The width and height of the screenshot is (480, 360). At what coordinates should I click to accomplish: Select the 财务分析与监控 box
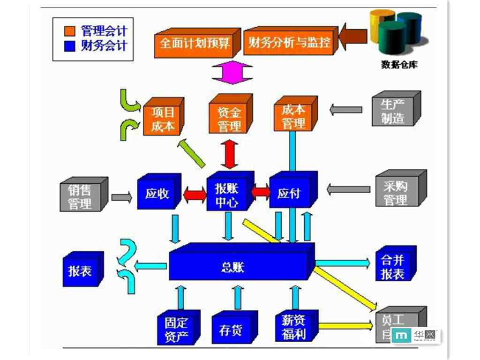(289, 44)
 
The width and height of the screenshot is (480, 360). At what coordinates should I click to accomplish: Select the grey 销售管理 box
(80, 197)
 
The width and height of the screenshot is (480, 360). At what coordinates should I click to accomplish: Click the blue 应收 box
(157, 194)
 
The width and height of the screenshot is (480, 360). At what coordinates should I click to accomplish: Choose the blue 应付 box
(289, 193)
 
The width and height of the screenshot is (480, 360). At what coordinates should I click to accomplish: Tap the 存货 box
(231, 330)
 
